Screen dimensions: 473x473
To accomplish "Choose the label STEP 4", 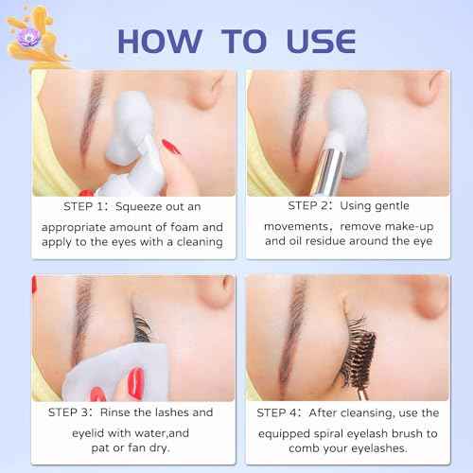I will coord(289,412).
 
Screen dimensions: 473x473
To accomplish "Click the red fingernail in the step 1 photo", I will coord(171,146).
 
